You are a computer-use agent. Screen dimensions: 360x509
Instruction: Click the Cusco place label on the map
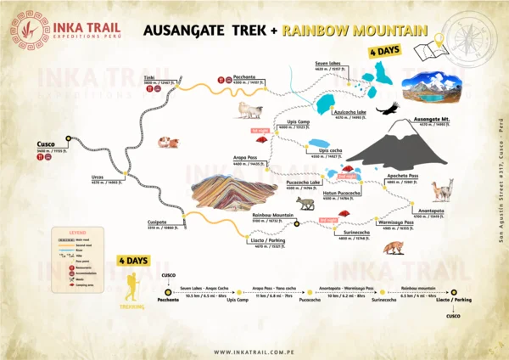45,144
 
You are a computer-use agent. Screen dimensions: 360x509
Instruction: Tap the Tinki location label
148,76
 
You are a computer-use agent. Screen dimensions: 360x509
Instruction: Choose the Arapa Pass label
245,157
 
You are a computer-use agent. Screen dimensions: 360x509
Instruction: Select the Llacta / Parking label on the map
268,243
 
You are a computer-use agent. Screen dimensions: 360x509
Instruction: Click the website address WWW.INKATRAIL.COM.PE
255,352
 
